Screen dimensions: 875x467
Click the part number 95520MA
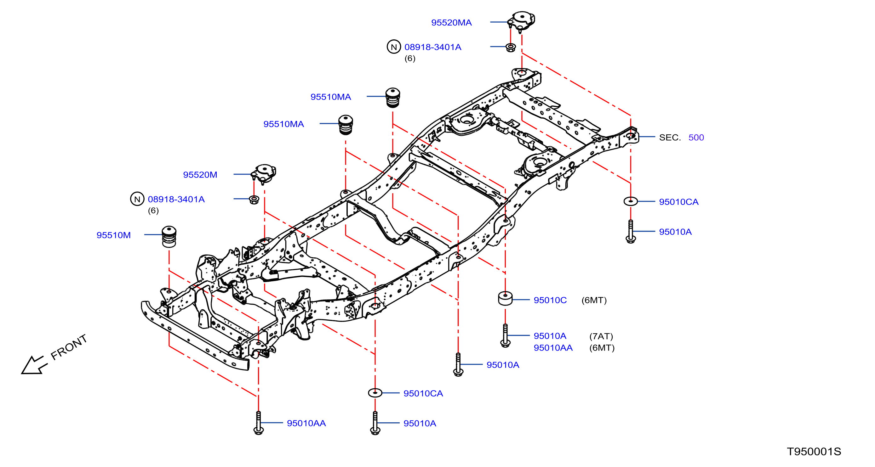451,22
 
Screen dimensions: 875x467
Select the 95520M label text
200,174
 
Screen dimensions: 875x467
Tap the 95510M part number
113,235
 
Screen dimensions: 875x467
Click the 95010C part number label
550,300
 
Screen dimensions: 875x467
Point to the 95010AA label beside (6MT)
553,347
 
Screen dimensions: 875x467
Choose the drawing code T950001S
814,451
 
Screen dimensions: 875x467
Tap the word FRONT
69,347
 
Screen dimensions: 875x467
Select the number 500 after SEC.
696,138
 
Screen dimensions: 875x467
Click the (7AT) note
601,336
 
